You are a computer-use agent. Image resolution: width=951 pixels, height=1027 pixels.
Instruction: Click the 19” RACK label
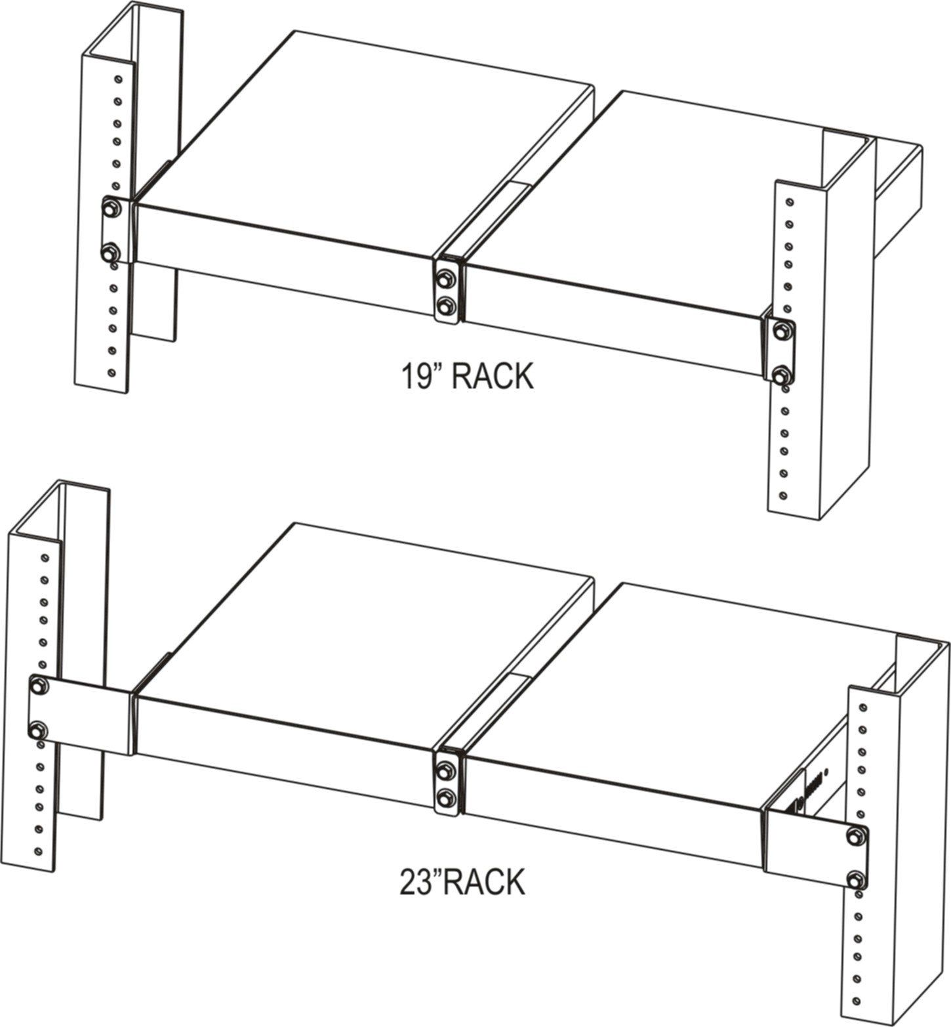466,377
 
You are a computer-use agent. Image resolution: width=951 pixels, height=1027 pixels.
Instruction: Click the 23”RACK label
463,882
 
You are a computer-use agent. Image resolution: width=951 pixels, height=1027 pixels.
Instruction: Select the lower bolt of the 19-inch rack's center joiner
447,304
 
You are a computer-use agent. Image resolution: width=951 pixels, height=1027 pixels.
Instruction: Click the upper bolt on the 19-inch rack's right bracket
780,331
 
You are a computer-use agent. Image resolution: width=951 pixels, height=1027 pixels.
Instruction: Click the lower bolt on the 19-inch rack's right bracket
780,376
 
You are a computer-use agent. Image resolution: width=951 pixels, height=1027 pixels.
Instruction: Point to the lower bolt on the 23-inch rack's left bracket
37,729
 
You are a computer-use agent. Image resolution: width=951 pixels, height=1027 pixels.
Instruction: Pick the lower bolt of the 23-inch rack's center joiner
447,797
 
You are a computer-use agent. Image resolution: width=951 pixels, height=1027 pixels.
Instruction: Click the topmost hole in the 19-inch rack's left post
117,79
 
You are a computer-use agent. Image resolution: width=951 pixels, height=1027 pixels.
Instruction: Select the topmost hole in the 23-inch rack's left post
45,558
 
